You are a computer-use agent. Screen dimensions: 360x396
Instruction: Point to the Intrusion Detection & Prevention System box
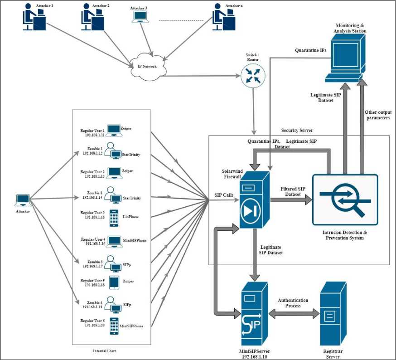[345, 199]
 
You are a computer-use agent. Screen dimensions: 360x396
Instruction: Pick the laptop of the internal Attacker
[23, 199]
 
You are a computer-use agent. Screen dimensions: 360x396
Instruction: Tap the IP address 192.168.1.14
[93, 197]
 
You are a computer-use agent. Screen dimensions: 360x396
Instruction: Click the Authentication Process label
[294, 303]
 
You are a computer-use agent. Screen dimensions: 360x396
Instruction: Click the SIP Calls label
[224, 195]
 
